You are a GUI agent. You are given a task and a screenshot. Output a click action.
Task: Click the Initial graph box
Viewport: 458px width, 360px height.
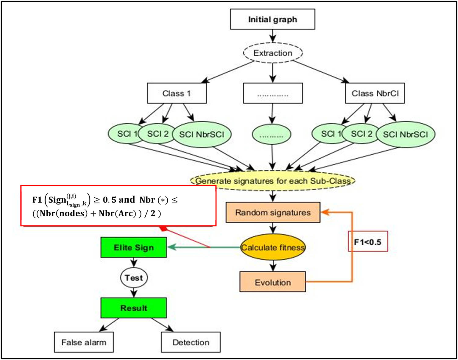(272, 19)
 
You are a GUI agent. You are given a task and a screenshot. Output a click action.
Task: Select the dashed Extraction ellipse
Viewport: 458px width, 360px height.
(273, 53)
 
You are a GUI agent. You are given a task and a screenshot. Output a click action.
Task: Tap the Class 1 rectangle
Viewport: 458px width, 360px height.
(177, 93)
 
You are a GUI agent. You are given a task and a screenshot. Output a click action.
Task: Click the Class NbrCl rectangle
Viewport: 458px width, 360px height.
(375, 93)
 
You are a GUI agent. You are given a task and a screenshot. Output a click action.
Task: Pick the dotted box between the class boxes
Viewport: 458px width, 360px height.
(273, 93)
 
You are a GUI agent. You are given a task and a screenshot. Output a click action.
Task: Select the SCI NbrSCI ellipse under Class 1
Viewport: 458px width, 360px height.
(202, 135)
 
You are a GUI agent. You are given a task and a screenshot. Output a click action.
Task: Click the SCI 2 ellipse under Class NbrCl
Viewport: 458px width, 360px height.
(361, 134)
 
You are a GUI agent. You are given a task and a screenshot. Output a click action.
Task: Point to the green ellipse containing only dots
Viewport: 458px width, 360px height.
(271, 135)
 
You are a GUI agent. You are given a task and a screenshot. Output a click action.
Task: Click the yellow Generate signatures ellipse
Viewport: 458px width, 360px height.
(273, 181)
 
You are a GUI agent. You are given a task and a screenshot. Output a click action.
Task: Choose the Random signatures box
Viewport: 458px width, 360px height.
(273, 212)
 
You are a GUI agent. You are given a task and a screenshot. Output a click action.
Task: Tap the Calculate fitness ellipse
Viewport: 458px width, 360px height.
(273, 247)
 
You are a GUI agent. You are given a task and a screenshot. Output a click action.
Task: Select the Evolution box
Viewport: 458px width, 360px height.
(273, 282)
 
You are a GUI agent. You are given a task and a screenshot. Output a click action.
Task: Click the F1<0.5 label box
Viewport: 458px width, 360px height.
(368, 242)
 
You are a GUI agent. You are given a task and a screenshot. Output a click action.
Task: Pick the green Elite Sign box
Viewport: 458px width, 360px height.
(134, 247)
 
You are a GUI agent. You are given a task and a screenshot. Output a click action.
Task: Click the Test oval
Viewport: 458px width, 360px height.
(134, 278)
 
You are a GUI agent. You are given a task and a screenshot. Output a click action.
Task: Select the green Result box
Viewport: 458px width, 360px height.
(134, 308)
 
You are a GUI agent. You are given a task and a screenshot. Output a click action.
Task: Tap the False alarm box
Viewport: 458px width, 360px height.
(84, 342)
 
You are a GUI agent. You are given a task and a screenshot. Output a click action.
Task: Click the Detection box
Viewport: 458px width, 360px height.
(191, 342)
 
